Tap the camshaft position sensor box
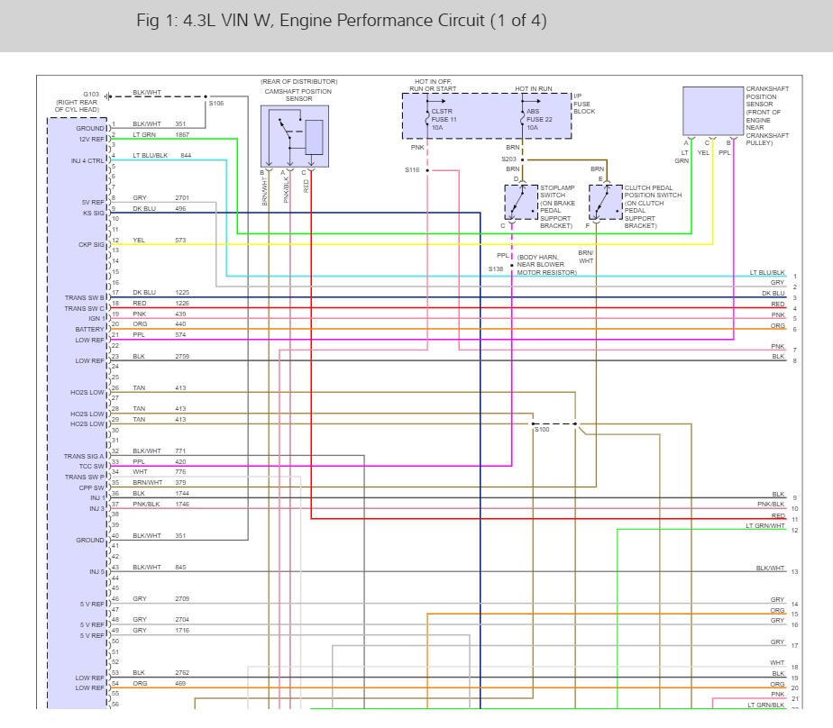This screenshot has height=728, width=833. click(x=294, y=136)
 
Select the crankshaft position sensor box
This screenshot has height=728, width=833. click(x=711, y=111)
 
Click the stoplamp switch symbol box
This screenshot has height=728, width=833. click(x=520, y=202)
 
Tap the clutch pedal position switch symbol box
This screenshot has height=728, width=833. click(x=605, y=202)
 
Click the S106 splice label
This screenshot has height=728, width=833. click(x=216, y=104)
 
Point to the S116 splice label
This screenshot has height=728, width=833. click(x=412, y=169)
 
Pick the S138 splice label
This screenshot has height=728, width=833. click(x=496, y=268)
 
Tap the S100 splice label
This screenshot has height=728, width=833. click(x=541, y=430)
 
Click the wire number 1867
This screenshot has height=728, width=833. click(x=182, y=134)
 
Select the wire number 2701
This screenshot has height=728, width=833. click(x=182, y=197)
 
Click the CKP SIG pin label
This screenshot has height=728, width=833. click(x=92, y=244)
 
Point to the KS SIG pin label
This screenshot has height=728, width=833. click(x=94, y=213)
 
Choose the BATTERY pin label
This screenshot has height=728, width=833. click(x=90, y=329)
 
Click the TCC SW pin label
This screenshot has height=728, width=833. click(x=92, y=466)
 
